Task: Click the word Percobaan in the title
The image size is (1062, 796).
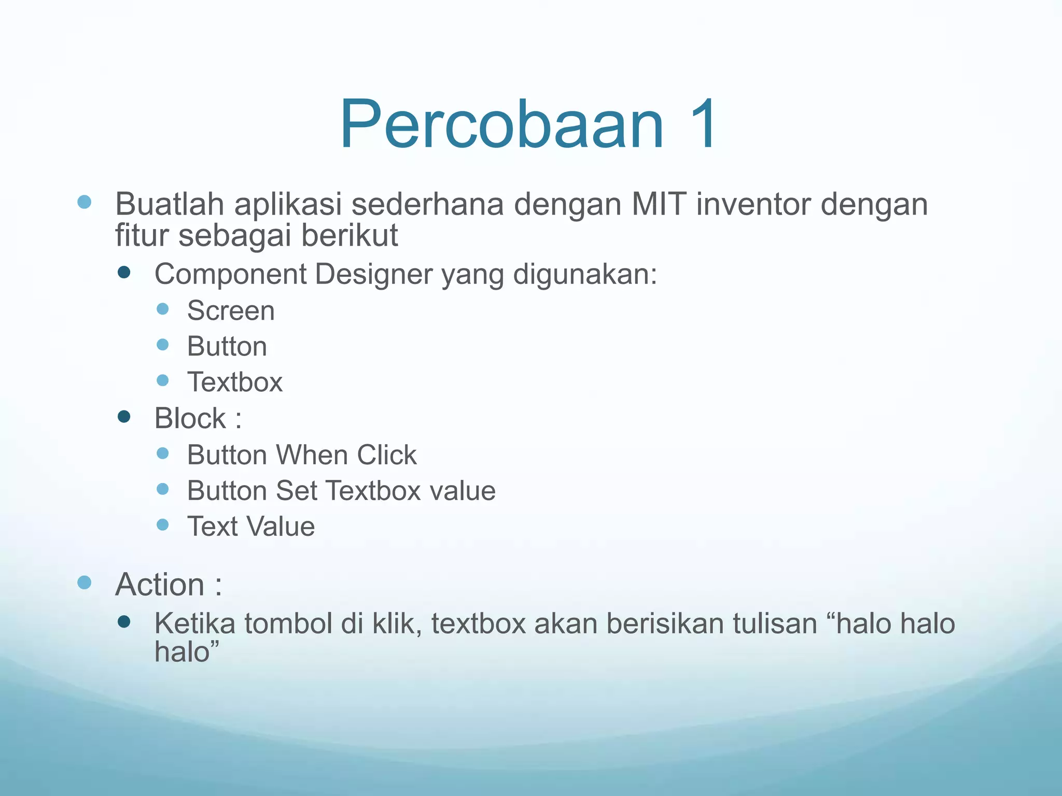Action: click(x=501, y=125)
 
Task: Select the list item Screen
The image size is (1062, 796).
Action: click(x=231, y=311)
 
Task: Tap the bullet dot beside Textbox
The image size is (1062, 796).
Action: click(x=162, y=380)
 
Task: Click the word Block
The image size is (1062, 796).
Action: click(x=190, y=418)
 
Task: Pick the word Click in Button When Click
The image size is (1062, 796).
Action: click(x=386, y=455)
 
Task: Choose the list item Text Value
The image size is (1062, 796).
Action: click(x=251, y=527)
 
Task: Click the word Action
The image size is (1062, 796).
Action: click(x=160, y=585)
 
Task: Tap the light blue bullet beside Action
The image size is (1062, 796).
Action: click(x=85, y=582)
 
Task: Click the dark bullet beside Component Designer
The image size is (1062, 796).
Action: click(x=124, y=273)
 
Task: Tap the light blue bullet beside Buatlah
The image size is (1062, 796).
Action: click(x=85, y=202)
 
